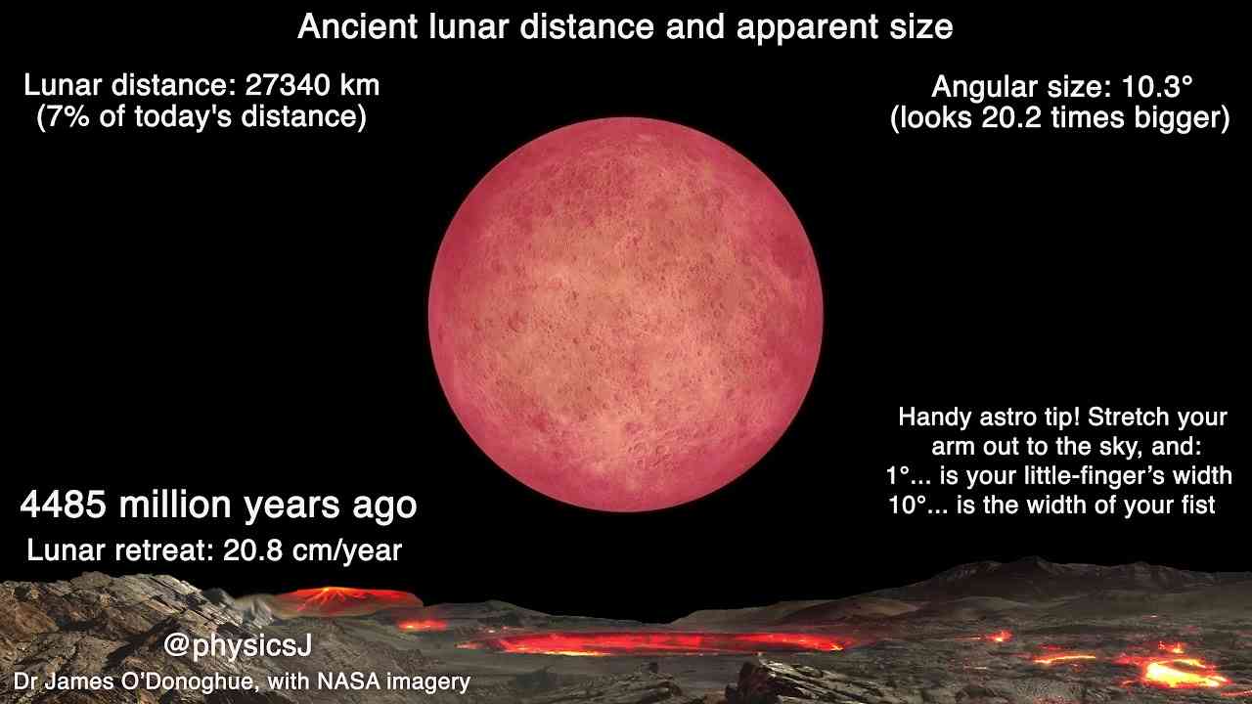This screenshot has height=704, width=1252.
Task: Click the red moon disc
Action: pyautogui.click(x=625, y=315)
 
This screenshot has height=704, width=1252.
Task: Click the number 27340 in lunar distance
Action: pyautogui.click(x=287, y=85)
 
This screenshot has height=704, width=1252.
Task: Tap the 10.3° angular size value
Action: pyautogui.click(x=1157, y=87)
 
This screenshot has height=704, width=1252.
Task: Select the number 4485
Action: pyautogui.click(x=63, y=505)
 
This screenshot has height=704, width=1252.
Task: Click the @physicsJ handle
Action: pyautogui.click(x=238, y=646)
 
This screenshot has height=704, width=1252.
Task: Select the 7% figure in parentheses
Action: pyautogui.click(x=68, y=117)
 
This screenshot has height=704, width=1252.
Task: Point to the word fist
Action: pyautogui.click(x=1198, y=506)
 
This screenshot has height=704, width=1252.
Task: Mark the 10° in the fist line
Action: pyautogui.click(x=907, y=506)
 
